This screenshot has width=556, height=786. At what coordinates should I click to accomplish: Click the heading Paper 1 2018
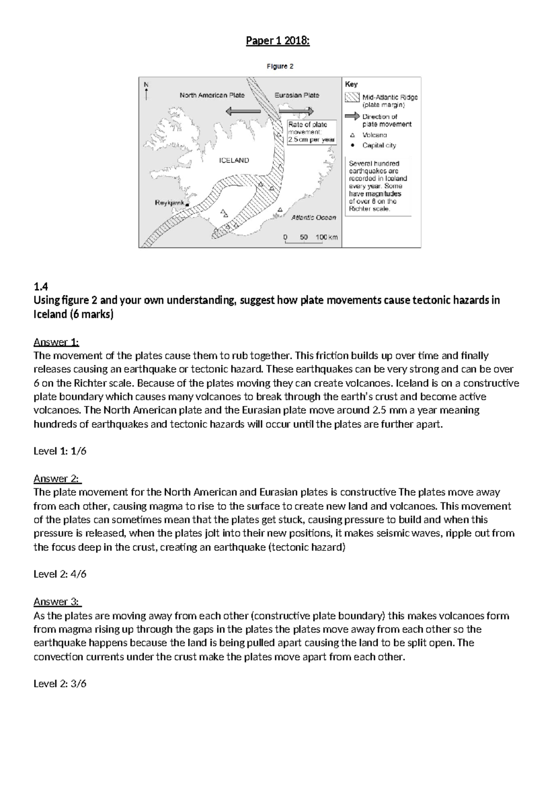coord(278,41)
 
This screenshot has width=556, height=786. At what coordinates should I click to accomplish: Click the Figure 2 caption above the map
coord(280,66)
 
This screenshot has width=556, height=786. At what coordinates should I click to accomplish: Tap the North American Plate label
coord(212,95)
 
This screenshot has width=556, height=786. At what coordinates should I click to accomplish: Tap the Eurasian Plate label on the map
coord(297,95)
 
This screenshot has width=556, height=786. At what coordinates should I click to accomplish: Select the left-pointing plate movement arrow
coord(243,111)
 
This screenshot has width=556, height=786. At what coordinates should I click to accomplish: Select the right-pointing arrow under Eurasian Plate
coord(297,111)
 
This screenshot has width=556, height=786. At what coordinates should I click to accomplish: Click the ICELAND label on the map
coord(234,160)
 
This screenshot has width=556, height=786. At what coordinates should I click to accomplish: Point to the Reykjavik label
coord(170,203)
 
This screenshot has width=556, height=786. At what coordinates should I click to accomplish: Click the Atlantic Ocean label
coord(313,217)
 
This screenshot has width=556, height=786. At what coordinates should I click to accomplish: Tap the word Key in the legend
coord(351,84)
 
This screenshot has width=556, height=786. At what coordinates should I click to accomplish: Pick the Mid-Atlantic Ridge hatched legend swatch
coord(352,97)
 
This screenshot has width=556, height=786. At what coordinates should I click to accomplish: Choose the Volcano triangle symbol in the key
coord(352,135)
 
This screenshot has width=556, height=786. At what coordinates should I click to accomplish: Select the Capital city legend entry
coord(379,146)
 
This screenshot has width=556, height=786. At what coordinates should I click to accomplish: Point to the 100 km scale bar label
coord(327,237)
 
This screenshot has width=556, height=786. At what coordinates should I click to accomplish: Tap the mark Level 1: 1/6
coord(60,451)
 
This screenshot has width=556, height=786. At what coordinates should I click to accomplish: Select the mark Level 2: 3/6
coord(60,684)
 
